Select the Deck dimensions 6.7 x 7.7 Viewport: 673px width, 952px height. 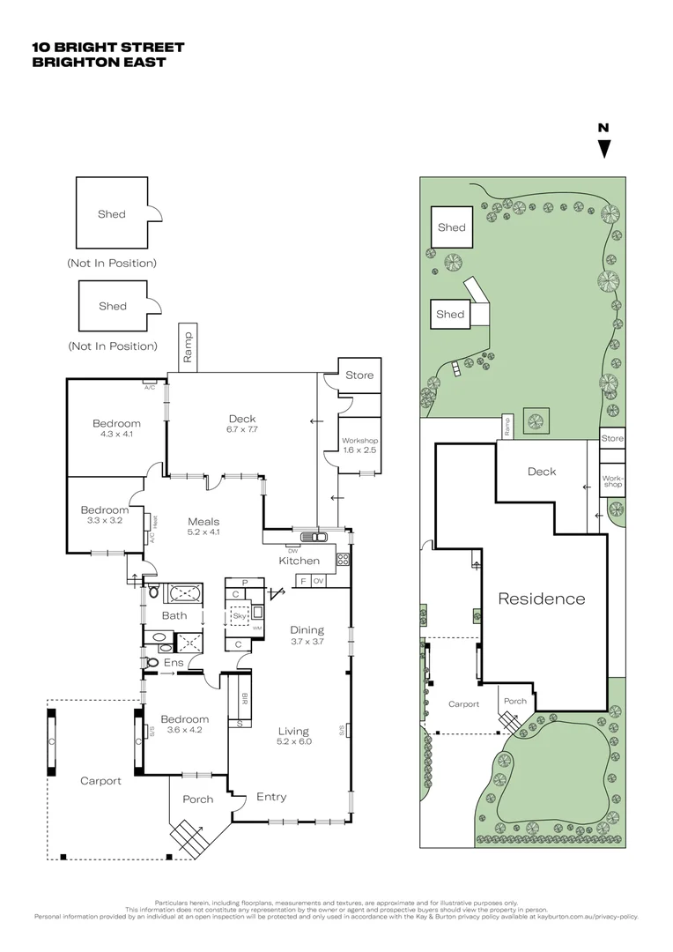coord(240,428)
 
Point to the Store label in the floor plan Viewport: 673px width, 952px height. coord(359,375)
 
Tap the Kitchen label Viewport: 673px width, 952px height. coord(299,561)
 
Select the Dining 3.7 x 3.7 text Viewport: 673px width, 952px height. coord(307,636)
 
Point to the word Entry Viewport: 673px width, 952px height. coord(270,797)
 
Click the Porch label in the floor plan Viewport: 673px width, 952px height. coord(197,800)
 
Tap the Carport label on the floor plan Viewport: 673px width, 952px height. coord(100,781)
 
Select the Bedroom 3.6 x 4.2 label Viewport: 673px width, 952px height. coord(184,724)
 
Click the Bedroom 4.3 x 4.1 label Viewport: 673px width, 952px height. coord(116,428)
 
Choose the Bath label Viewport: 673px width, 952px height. coord(174,615)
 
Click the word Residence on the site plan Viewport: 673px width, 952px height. coord(541,599)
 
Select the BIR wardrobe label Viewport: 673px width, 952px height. coord(243,701)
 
